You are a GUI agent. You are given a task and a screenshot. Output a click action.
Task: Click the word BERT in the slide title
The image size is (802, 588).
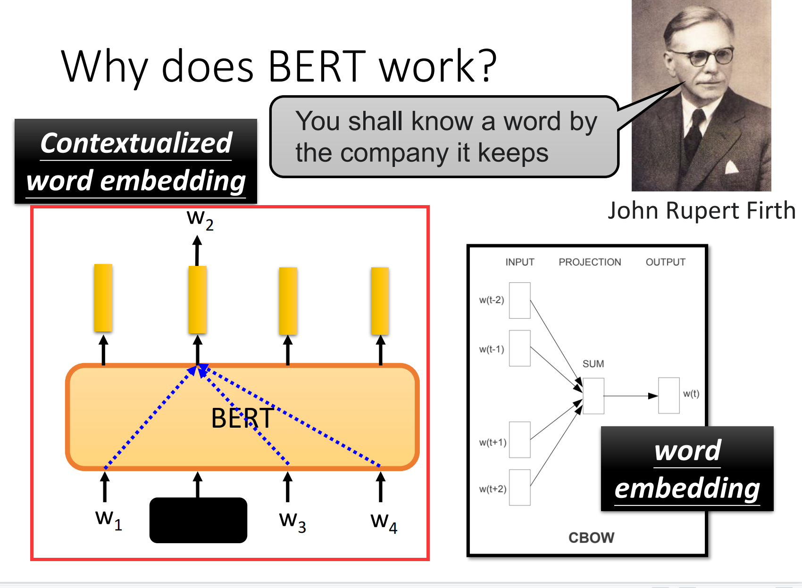coord(317,66)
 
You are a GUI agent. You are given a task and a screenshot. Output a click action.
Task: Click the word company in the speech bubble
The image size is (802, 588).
coord(394,154)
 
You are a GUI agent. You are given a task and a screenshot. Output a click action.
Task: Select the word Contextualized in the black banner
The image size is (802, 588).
coord(136,143)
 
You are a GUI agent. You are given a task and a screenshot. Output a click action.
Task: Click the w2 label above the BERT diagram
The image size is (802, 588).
coord(200,220)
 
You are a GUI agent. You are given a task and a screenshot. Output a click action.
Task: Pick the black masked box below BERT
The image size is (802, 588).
coord(198,520)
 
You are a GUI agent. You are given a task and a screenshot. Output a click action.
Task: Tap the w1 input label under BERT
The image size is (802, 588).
coord(109,520)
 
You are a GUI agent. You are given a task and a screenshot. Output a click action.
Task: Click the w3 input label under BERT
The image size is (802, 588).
coord(292,522)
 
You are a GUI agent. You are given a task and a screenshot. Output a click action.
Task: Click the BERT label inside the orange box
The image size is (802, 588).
coord(242,418)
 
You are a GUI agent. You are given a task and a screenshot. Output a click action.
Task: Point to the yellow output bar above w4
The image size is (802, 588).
coord(380,301)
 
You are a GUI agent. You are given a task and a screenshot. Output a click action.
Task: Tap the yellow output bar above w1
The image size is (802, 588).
coord(103,298)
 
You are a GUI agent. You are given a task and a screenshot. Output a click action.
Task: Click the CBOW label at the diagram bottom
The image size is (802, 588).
coord(592,538)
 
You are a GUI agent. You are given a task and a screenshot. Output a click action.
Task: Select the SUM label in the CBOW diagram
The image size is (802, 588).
coord(593,364)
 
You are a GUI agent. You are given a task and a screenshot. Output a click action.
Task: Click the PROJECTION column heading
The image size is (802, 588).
coord(590,262)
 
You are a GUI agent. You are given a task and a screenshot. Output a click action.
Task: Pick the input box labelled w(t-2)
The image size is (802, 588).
coord(520,301)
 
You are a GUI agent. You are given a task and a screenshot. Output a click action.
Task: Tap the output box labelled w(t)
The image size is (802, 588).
coord(669,396)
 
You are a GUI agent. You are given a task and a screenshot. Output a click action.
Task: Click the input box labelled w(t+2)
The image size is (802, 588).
coord(520,488)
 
